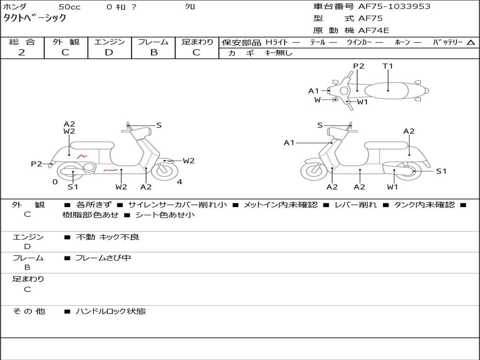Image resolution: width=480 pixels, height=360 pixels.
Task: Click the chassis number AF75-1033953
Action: pos(394,7)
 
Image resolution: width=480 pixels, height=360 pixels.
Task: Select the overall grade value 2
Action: pos(22,52)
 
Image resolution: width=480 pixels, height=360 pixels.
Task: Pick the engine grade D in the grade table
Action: pos(109,52)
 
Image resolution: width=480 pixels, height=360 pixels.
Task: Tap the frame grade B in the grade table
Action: pos(154,52)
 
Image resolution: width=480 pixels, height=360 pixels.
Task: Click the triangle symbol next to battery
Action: pos(471,43)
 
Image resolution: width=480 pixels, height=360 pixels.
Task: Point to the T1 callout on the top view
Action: pos(388,66)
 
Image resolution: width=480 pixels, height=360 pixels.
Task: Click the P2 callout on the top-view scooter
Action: pos(359,66)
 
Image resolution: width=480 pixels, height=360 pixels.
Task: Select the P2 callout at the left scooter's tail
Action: pos(37,164)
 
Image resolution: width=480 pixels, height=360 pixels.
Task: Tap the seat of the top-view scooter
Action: pos(386,91)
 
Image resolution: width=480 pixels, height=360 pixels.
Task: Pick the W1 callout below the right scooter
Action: pos(392,187)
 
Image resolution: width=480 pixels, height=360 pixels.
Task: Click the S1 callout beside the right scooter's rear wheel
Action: pos(441,172)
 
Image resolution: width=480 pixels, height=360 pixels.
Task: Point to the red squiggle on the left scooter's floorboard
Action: pos(111,170)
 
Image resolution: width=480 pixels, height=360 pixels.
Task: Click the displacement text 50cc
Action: pos(69,7)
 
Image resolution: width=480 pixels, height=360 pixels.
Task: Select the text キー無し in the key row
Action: pos(279,53)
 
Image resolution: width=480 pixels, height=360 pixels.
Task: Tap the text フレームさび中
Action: pos(103,258)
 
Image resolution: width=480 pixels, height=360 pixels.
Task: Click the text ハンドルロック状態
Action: pos(111,311)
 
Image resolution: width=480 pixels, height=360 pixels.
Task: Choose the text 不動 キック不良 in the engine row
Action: pos(107,237)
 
